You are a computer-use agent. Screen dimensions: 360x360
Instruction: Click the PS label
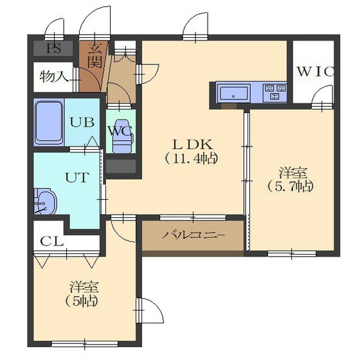(x=54, y=48)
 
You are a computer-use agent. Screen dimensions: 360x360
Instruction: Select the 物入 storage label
(x=54, y=76)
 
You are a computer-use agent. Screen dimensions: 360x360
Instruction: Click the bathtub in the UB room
(x=49, y=122)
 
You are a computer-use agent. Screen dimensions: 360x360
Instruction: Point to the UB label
(x=82, y=122)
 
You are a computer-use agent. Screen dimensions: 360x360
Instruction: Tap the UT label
(x=77, y=177)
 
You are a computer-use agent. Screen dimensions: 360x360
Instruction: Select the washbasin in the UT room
(x=45, y=202)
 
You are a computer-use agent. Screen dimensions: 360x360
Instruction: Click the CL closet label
(x=52, y=241)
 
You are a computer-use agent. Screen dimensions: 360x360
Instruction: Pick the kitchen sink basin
(x=233, y=93)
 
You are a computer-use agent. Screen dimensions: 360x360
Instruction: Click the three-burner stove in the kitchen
(x=275, y=92)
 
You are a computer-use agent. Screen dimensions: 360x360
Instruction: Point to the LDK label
(x=192, y=145)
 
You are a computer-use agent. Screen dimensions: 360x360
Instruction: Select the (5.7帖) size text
(x=290, y=186)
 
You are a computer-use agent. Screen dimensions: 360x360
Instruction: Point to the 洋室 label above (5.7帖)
(x=293, y=173)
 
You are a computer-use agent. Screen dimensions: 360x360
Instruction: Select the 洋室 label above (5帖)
(x=84, y=287)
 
